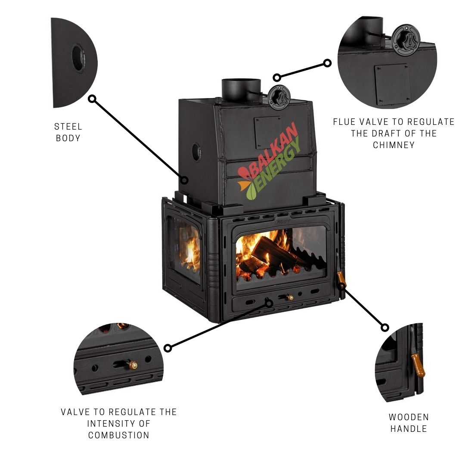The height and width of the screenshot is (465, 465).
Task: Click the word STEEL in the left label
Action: [x=68, y=127]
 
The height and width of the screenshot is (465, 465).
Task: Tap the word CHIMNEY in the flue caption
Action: [x=394, y=145]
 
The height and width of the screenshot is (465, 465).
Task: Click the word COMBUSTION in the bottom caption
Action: [x=118, y=435]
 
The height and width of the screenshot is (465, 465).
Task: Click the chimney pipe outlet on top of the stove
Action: [x=241, y=89]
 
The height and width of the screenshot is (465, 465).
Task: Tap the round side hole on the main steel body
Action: [x=196, y=152]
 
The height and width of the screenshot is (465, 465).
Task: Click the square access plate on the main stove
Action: [x=267, y=132]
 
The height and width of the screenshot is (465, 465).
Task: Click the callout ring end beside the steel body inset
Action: [x=92, y=99]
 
